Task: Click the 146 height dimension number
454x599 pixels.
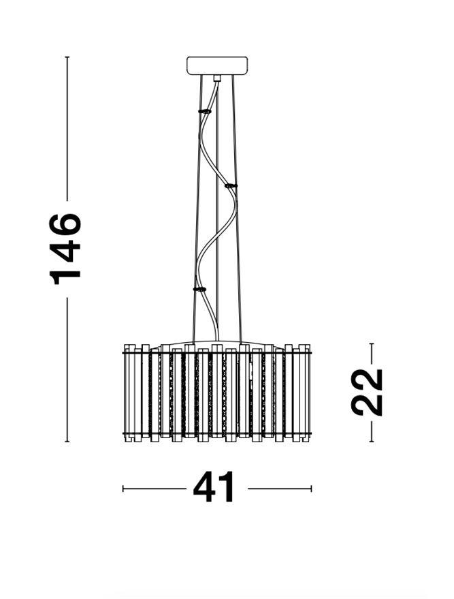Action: (x=65, y=249)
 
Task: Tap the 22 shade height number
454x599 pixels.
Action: (x=367, y=392)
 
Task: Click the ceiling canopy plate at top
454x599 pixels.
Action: (x=217, y=65)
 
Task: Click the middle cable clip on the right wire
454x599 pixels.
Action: (x=231, y=186)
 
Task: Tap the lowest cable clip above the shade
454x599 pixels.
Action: (x=200, y=290)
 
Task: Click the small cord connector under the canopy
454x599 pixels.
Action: (x=217, y=78)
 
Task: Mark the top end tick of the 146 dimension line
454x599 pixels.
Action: (x=67, y=57)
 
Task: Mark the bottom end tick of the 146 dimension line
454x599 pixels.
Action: (x=67, y=442)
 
